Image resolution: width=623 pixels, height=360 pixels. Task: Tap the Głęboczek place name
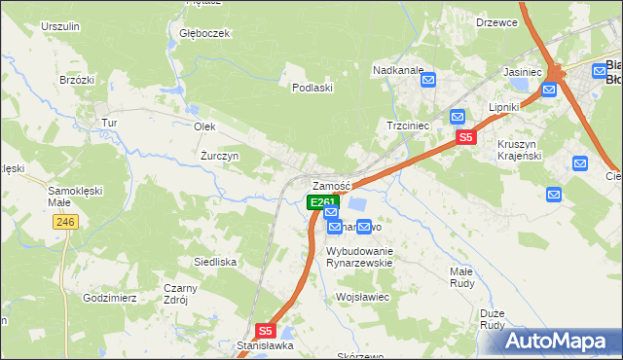pyautogui.click(x=203, y=33)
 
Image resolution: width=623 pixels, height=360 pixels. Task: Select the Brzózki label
pyautogui.click(x=76, y=80)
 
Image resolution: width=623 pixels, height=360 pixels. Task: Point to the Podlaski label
pyautogui.click(x=313, y=88)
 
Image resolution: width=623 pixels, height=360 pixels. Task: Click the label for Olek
pyautogui.click(x=204, y=127)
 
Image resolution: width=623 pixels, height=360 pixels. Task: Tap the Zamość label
pyautogui.click(x=330, y=186)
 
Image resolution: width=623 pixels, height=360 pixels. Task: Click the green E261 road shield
pyautogui.click(x=322, y=202)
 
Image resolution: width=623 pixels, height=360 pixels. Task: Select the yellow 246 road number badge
pyautogui.click(x=65, y=223)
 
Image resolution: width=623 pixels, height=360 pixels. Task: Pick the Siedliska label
pyautogui.click(x=215, y=262)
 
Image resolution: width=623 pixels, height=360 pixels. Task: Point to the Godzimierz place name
pyautogui.click(x=109, y=297)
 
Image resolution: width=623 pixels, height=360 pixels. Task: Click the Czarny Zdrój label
pyautogui.click(x=180, y=294)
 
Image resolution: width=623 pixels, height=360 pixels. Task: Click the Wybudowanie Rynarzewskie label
pyautogui.click(x=358, y=256)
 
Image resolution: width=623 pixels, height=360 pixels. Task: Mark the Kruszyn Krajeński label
pyautogui.click(x=525, y=150)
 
